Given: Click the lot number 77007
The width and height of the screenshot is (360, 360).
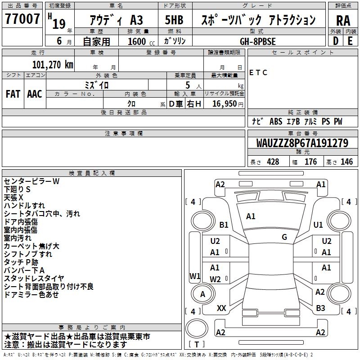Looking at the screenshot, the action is [22, 19].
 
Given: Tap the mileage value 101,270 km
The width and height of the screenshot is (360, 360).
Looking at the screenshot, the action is [53, 64].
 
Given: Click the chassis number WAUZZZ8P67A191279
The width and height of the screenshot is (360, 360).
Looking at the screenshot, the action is [302, 144].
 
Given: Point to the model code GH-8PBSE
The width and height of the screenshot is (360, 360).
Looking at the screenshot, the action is [258, 41].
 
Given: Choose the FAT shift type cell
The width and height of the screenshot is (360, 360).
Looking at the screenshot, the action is [13, 94].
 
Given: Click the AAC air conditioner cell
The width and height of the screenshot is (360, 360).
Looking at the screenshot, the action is [35, 94].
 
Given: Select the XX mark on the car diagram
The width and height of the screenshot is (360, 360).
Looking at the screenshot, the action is [221, 308].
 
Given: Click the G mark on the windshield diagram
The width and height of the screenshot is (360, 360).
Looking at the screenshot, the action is [284, 237].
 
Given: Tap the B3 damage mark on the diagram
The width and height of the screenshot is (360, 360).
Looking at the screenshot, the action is [320, 308].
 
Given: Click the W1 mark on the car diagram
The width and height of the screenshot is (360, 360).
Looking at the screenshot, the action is [195, 276].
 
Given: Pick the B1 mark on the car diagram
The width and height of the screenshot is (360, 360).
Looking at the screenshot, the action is [224, 225].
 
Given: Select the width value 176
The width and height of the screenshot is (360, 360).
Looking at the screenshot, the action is [311, 162].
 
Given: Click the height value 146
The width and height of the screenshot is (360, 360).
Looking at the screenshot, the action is [346, 162].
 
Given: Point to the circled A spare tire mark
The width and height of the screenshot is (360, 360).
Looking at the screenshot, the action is [202, 294].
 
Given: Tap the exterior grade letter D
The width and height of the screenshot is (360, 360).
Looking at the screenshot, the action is [335, 41].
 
